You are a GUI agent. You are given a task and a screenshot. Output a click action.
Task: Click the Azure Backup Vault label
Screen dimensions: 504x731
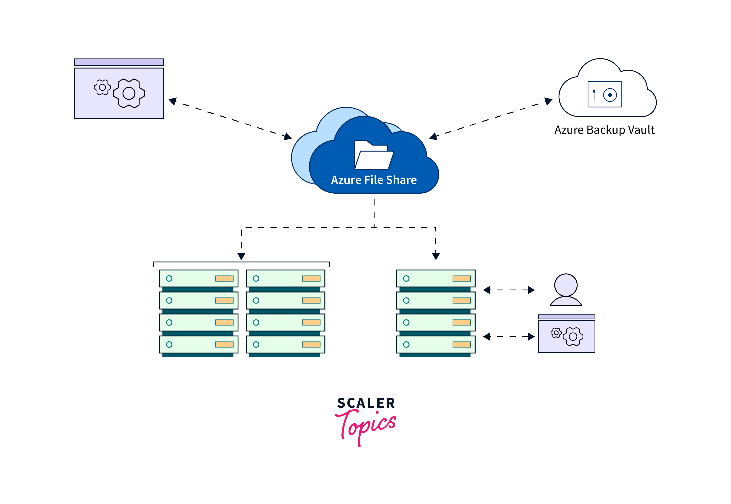point(604,130)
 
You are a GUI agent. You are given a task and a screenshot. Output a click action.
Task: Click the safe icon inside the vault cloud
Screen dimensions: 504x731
point(604,94)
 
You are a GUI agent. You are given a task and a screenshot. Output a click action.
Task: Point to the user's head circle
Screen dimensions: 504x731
point(566,285)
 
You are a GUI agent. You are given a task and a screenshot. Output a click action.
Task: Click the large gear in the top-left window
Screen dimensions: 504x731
point(129,93)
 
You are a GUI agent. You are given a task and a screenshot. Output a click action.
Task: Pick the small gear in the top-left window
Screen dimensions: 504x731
point(102,87)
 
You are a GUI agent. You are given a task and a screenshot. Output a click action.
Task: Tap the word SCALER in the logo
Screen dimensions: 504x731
point(366,403)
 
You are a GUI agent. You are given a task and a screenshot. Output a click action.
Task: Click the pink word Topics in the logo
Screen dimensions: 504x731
point(366,425)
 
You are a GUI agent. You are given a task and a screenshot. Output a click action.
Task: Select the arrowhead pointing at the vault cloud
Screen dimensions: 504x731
point(548,101)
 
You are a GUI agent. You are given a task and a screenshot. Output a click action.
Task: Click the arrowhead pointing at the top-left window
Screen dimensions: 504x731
point(173,101)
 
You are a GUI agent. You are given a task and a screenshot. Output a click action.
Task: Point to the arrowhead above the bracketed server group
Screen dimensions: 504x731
point(241,256)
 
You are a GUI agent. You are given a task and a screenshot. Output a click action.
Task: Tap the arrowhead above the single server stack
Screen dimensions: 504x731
point(436,256)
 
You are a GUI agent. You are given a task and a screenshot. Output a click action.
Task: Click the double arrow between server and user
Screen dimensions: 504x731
point(509,290)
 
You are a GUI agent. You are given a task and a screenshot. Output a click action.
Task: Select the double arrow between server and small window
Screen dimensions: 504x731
point(509,337)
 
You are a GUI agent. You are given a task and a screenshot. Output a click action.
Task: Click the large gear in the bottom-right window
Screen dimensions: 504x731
point(573,337)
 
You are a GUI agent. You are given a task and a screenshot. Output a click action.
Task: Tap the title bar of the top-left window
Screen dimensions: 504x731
point(119,62)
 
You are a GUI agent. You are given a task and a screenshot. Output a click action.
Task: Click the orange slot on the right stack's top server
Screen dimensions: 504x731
point(461,278)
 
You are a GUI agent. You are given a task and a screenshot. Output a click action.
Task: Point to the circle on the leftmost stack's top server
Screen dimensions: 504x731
point(169,278)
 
